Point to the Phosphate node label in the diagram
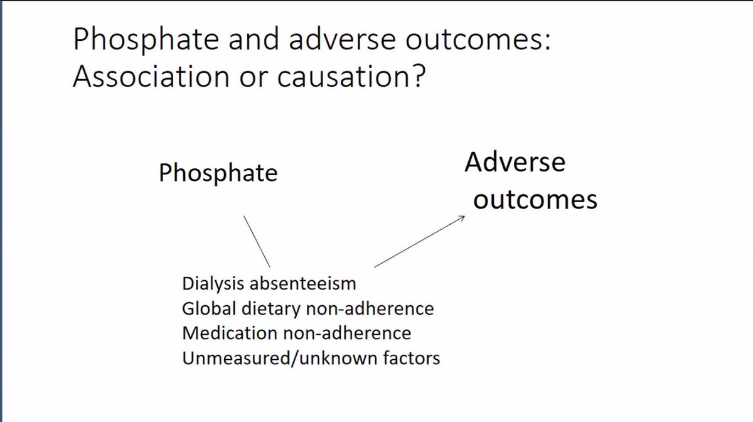point(218,173)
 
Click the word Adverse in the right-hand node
point(515,163)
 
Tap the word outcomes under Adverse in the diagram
point(535,199)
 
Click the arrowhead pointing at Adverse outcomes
point(461,219)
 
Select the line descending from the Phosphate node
point(257,242)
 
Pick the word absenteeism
point(303,284)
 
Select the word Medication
point(219,333)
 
